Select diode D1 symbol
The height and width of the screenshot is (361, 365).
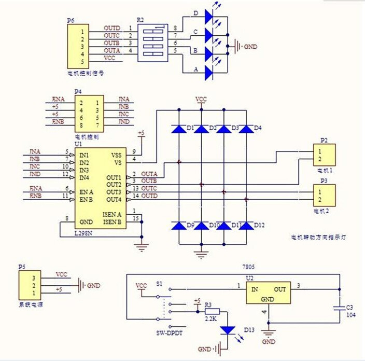179,128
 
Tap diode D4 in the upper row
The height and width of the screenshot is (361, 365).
246,128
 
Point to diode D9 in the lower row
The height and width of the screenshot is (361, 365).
179,226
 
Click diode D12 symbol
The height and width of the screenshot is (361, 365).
246,226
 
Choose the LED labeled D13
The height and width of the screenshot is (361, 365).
227,330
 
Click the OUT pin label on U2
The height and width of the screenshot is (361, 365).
280,289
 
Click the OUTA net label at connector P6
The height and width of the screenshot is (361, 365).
112,50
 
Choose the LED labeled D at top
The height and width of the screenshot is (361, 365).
209,17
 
